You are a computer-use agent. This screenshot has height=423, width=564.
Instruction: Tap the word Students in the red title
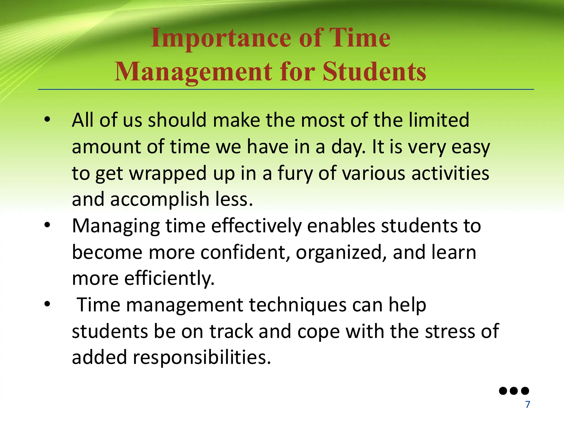coord(375,72)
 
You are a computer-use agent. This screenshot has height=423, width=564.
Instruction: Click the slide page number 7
coord(528,405)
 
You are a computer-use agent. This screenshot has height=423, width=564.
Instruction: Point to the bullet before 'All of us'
coord(47,120)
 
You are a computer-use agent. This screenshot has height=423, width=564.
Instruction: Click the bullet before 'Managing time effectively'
coord(47,225)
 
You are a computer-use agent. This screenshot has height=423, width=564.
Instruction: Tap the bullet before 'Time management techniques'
coord(47,304)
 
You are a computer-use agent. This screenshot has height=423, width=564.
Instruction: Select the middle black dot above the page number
coord(514,391)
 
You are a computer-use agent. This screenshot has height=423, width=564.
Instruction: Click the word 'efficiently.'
coord(169,278)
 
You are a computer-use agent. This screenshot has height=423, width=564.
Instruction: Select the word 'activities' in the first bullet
coord(450,173)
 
